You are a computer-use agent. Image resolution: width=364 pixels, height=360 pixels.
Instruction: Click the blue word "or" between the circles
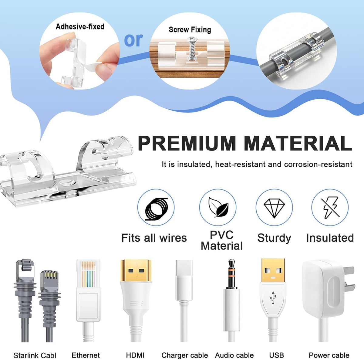[133, 40]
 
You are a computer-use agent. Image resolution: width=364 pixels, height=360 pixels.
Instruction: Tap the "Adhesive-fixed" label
[80, 26]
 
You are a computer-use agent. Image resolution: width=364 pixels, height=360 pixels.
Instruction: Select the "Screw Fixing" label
[190, 30]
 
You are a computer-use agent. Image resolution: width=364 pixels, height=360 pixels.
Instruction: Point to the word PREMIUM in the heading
[187, 143]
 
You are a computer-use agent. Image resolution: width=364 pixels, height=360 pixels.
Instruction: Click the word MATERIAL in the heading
[298, 143]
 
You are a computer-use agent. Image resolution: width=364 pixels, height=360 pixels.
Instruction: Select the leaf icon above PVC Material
[218, 207]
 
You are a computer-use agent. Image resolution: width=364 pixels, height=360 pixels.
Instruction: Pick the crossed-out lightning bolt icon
[330, 208]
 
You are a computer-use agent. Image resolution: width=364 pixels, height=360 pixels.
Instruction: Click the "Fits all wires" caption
[154, 238]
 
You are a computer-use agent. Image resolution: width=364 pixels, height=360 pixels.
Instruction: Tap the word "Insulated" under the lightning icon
[330, 238]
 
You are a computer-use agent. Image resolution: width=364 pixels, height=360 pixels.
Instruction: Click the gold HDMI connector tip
[136, 270]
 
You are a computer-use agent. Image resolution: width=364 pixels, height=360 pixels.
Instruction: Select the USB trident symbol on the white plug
[273, 297]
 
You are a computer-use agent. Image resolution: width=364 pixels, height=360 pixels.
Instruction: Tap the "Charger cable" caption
[184, 355]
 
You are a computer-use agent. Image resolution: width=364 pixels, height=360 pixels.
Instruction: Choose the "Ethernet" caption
[86, 355]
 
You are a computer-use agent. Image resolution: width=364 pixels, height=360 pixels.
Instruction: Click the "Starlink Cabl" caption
[35, 355]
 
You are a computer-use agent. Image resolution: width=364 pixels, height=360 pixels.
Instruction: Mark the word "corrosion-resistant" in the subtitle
[318, 164]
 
